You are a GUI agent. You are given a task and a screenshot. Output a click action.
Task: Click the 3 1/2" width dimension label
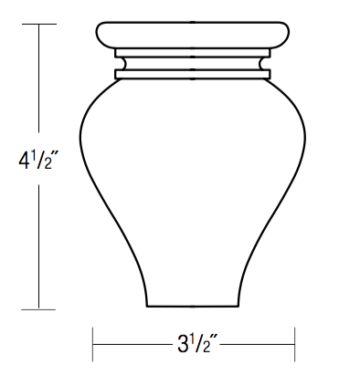coord(194,345)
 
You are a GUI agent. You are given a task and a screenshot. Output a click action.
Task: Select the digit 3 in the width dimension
coord(181,346)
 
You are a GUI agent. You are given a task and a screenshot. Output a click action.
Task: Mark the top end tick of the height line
coord(38,24)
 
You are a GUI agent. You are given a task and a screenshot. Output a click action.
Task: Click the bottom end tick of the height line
coord(38,310)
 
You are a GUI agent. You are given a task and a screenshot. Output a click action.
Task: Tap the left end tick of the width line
coord(93,345)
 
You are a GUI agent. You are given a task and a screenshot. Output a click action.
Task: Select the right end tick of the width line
coord(294,345)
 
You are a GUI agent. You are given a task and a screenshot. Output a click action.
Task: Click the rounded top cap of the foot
coord(194,34)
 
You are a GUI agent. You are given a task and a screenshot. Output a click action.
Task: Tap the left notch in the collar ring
coord(116,65)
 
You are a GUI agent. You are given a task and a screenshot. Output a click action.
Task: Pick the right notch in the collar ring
coord(270,65)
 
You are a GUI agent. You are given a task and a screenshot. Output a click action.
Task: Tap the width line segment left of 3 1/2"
coord(132,345)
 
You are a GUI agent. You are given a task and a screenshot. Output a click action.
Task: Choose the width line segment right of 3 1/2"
coord(260,345)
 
